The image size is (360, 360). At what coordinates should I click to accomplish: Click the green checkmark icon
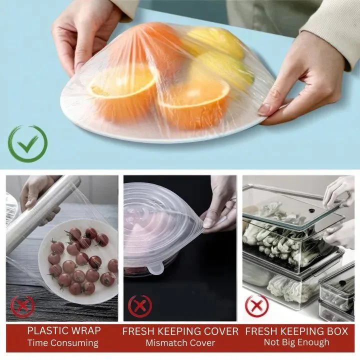tap(27, 143)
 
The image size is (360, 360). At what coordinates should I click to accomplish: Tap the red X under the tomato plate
tap(22, 306)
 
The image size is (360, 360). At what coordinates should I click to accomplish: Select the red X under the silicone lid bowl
tap(140, 306)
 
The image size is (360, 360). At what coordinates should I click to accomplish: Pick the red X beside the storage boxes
tap(256, 306)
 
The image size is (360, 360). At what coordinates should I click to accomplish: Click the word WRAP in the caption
tap(85, 330)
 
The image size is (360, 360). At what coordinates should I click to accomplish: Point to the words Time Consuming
tap(63, 343)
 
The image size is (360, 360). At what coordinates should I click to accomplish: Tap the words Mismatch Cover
tap(180, 343)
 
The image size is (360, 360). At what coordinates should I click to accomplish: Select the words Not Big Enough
tap(296, 342)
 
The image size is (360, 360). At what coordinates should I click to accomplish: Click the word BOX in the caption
tap(337, 331)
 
